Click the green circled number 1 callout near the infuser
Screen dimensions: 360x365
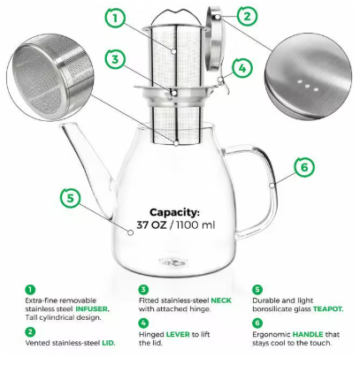[115, 19]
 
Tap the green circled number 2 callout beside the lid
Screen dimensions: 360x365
[247, 16]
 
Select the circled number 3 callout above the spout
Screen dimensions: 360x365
[115, 59]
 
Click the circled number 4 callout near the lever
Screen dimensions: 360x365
[242, 68]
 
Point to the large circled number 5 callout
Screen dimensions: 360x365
[71, 198]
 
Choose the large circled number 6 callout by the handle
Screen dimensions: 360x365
[304, 167]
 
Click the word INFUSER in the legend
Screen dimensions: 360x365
[92, 309]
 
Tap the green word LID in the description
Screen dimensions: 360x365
[108, 343]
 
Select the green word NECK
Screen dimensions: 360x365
[221, 300]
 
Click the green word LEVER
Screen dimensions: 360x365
[178, 334]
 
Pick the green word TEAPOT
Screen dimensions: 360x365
[328, 309]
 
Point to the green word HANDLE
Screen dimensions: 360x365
[308, 334]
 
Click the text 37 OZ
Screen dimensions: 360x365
[151, 225]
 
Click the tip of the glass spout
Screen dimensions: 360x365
[64, 125]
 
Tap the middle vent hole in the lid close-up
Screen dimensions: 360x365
[307, 86]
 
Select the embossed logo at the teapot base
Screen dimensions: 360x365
[173, 262]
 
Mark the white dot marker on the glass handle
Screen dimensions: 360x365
[272, 186]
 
